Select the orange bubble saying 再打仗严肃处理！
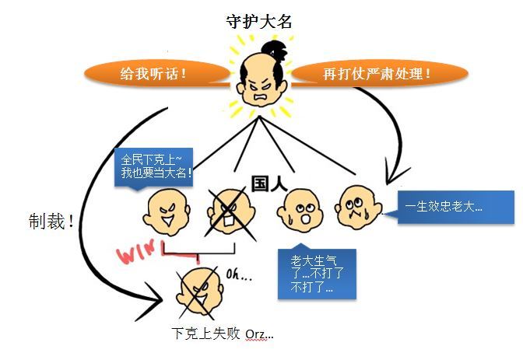click(377, 75)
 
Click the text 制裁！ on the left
click(51, 220)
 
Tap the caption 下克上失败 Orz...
click(223, 334)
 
